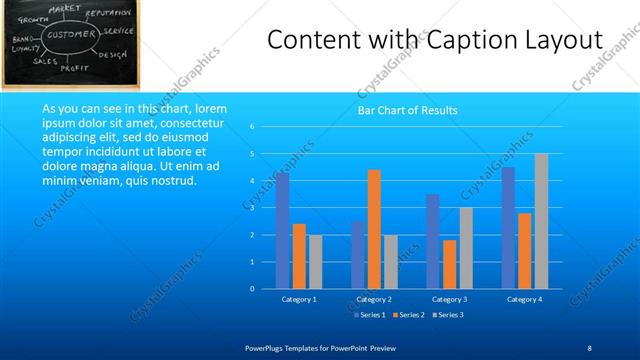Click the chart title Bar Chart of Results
tap(407, 110)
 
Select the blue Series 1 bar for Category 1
tap(283, 230)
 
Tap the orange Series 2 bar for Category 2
tap(374, 229)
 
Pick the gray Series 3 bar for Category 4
tap(541, 221)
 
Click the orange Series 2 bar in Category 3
tap(450, 264)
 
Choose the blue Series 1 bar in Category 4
tap(508, 227)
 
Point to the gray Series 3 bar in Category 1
tap(315, 261)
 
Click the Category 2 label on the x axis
tap(373, 299)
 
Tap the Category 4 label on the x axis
tap(524, 299)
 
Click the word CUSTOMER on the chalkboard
tap(69, 35)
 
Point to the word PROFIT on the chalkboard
tap(75, 68)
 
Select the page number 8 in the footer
tap(589, 346)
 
